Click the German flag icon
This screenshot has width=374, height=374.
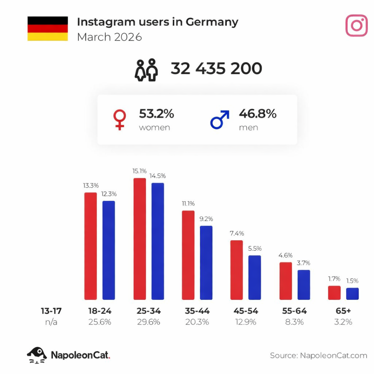(47, 28)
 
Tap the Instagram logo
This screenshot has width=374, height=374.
(356, 26)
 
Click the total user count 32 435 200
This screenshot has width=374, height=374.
(216, 69)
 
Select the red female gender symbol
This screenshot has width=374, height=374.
(120, 119)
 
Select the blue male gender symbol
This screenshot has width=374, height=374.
(219, 119)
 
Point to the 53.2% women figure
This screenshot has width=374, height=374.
(156, 114)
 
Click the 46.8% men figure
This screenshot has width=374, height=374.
(257, 114)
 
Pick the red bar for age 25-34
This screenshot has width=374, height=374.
(140, 239)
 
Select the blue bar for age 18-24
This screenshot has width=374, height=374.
(108, 250)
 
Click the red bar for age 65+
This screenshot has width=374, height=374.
(334, 293)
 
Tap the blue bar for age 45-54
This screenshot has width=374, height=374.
(255, 278)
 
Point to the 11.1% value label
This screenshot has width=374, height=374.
(188, 203)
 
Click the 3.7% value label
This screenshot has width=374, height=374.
(304, 263)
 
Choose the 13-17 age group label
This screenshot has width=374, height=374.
(51, 311)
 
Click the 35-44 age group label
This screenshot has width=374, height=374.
(197, 311)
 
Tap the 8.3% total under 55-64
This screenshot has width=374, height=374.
(294, 322)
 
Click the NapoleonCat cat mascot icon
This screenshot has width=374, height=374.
(37, 355)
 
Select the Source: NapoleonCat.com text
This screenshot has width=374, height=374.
(318, 355)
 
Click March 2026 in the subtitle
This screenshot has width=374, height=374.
(109, 37)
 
